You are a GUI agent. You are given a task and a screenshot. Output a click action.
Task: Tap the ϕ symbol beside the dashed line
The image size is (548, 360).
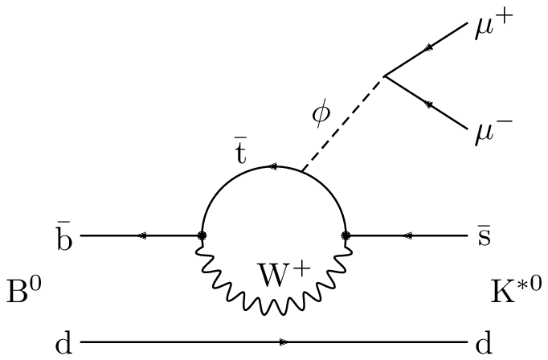321,115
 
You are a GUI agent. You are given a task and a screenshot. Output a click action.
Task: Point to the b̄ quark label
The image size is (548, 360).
64,235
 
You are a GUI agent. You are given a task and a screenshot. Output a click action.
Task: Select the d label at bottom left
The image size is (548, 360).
64,343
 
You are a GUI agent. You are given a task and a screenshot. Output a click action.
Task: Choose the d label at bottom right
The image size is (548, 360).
483,343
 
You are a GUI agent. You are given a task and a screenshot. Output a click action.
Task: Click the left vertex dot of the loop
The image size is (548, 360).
202,236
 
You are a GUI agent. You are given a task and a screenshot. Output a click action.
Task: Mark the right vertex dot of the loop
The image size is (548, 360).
346,236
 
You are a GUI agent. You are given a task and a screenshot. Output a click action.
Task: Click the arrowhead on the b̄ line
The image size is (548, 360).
142,236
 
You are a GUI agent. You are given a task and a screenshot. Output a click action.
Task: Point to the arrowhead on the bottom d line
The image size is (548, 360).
283,343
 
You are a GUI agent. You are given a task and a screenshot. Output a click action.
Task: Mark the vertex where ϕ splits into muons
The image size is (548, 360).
384,76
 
